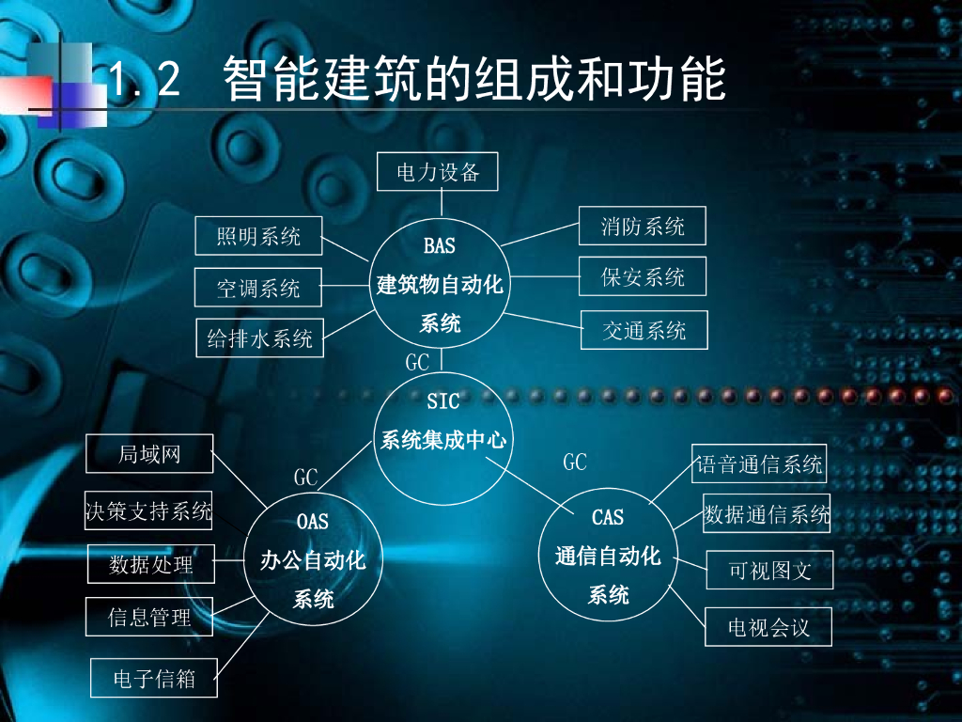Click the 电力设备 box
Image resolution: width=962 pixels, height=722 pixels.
click(x=437, y=172)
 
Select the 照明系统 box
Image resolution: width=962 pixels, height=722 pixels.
click(x=258, y=236)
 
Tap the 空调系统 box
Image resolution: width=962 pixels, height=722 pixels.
click(x=258, y=288)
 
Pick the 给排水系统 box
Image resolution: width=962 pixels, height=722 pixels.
click(x=259, y=338)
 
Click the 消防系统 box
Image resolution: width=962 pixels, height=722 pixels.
click(x=643, y=226)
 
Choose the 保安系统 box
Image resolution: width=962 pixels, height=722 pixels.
click(x=643, y=276)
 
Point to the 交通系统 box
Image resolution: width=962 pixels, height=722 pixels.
click(x=644, y=330)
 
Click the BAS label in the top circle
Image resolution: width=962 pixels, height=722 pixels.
click(x=439, y=246)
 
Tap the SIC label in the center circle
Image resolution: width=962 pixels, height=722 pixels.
click(x=442, y=401)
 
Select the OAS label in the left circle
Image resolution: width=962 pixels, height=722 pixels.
click(x=313, y=521)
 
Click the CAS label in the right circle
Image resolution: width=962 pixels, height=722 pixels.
click(x=608, y=517)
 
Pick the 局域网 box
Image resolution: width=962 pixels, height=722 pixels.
click(x=149, y=454)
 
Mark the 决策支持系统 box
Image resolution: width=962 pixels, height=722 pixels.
click(x=148, y=510)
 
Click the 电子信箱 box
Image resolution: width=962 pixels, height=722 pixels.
click(x=153, y=678)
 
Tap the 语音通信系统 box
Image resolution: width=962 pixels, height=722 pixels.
click(x=759, y=463)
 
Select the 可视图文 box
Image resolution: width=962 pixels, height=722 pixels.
click(x=769, y=570)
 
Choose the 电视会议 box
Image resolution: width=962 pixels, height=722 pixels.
click(x=768, y=627)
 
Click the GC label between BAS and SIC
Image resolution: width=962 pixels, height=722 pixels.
click(x=417, y=362)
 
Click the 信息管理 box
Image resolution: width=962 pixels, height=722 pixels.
click(x=149, y=617)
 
